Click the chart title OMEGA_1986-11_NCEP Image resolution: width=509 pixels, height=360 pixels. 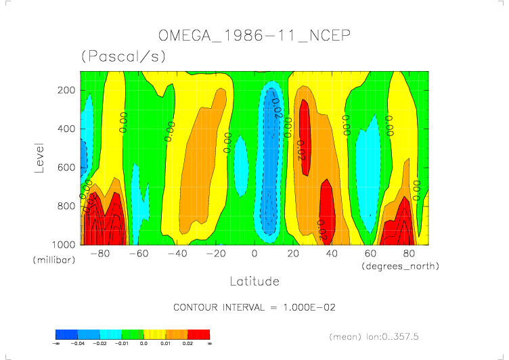pyautogui.click(x=254, y=35)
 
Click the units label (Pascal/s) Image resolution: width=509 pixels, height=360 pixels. pyautogui.click(x=123, y=57)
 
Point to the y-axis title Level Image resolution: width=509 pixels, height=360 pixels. pyautogui.click(x=40, y=157)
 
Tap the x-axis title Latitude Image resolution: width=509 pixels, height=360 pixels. pyautogui.click(x=254, y=280)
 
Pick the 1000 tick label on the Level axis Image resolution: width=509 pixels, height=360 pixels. pyautogui.click(x=63, y=244)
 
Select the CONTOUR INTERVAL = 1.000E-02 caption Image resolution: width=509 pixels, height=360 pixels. pyautogui.click(x=255, y=308)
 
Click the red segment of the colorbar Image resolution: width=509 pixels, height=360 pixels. pyautogui.click(x=199, y=334)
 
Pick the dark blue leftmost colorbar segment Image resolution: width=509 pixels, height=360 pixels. pyautogui.click(x=66, y=334)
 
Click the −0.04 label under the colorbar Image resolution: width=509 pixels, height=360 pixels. pyautogui.click(x=78, y=344)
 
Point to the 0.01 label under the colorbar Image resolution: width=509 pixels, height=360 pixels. pyautogui.click(x=166, y=344)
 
